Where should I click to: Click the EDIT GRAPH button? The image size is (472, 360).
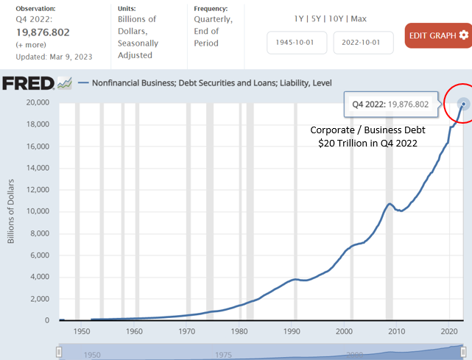coord(438,35)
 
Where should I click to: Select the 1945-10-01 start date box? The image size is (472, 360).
coord(297,43)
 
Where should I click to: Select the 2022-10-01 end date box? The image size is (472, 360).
coord(363,43)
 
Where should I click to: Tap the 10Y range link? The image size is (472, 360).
coord(336,18)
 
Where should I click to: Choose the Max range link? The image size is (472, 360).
coord(359,18)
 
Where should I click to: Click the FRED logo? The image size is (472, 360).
coord(28,83)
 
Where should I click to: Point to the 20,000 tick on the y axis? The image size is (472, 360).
coord(38,102)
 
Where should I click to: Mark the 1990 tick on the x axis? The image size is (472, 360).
coord(292,331)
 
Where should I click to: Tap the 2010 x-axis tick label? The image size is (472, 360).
coord(396,331)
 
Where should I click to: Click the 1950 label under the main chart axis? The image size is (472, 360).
coord(82,331)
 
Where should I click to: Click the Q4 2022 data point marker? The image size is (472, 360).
coord(464,104)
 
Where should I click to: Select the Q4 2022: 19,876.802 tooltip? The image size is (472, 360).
coord(391,104)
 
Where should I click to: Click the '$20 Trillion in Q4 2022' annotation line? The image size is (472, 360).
coord(368,143)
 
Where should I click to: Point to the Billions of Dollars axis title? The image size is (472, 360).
coord(11,211)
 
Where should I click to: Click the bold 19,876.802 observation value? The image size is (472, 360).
coord(43,32)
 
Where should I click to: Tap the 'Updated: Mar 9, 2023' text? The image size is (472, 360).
coord(54,57)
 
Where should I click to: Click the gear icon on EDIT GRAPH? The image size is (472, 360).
coord(464,35)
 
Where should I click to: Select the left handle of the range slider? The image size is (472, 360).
coord(59,352)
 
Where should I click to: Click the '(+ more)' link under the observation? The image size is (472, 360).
coord(31,45)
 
